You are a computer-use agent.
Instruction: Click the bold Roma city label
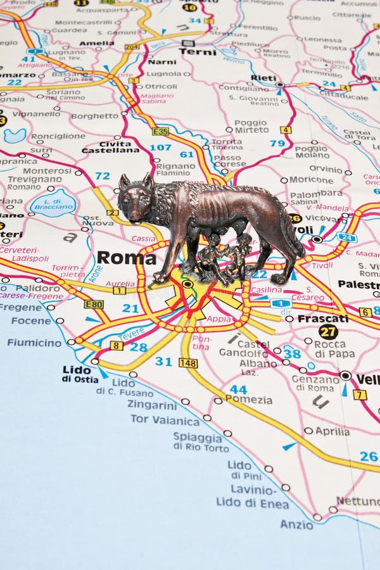pyautogui.click(x=126, y=258)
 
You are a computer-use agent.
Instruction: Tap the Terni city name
pyautogui.click(x=197, y=52)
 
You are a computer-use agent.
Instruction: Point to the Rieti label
pyautogui.click(x=263, y=78)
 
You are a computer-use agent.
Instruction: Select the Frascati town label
pyautogui.click(x=322, y=319)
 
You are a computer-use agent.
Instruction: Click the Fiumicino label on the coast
pyautogui.click(x=34, y=343)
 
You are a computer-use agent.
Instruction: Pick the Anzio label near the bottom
pyautogui.click(x=296, y=524)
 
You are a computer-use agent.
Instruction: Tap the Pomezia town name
pyautogui.click(x=249, y=400)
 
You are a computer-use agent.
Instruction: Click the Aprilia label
pyautogui.click(x=332, y=431)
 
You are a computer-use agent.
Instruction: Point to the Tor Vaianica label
pyautogui.click(x=165, y=420)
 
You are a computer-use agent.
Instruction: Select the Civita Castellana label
pyautogui.click(x=110, y=146)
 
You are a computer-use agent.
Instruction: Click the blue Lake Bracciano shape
pyautogui.click(x=53, y=203)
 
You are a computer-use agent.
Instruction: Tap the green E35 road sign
pyautogui.click(x=160, y=131)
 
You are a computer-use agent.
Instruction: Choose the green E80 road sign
pyautogui.click(x=94, y=304)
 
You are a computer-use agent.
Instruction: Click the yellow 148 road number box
pyautogui.click(x=187, y=363)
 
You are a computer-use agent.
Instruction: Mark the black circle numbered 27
pyautogui.click(x=327, y=332)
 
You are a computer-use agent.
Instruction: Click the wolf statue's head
pyautogui.click(x=136, y=199)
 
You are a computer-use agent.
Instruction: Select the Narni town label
pyautogui.click(x=162, y=62)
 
